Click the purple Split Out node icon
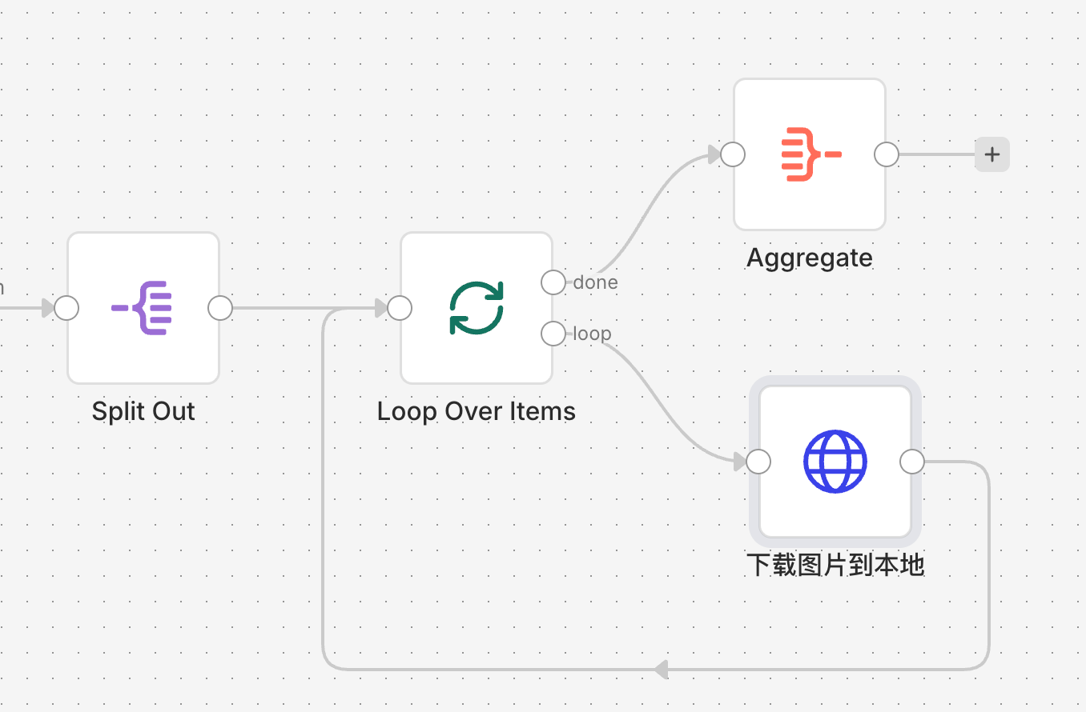[x=143, y=308]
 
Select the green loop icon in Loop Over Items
[x=477, y=308]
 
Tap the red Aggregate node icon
[x=810, y=154]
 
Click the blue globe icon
[x=835, y=462]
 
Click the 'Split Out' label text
[x=143, y=411]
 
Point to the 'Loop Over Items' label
[x=477, y=411]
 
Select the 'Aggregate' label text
[x=810, y=258]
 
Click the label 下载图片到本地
[x=835, y=565]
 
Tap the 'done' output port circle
[x=553, y=282]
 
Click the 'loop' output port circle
[x=553, y=334]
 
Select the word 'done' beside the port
[x=595, y=282]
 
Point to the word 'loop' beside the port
[x=593, y=334]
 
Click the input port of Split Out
[x=66, y=308]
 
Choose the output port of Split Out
[x=220, y=308]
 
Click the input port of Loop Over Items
[x=400, y=308]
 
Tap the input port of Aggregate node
[x=733, y=154]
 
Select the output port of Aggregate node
[x=887, y=154]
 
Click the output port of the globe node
[x=912, y=462]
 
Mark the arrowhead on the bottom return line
[x=661, y=669]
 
